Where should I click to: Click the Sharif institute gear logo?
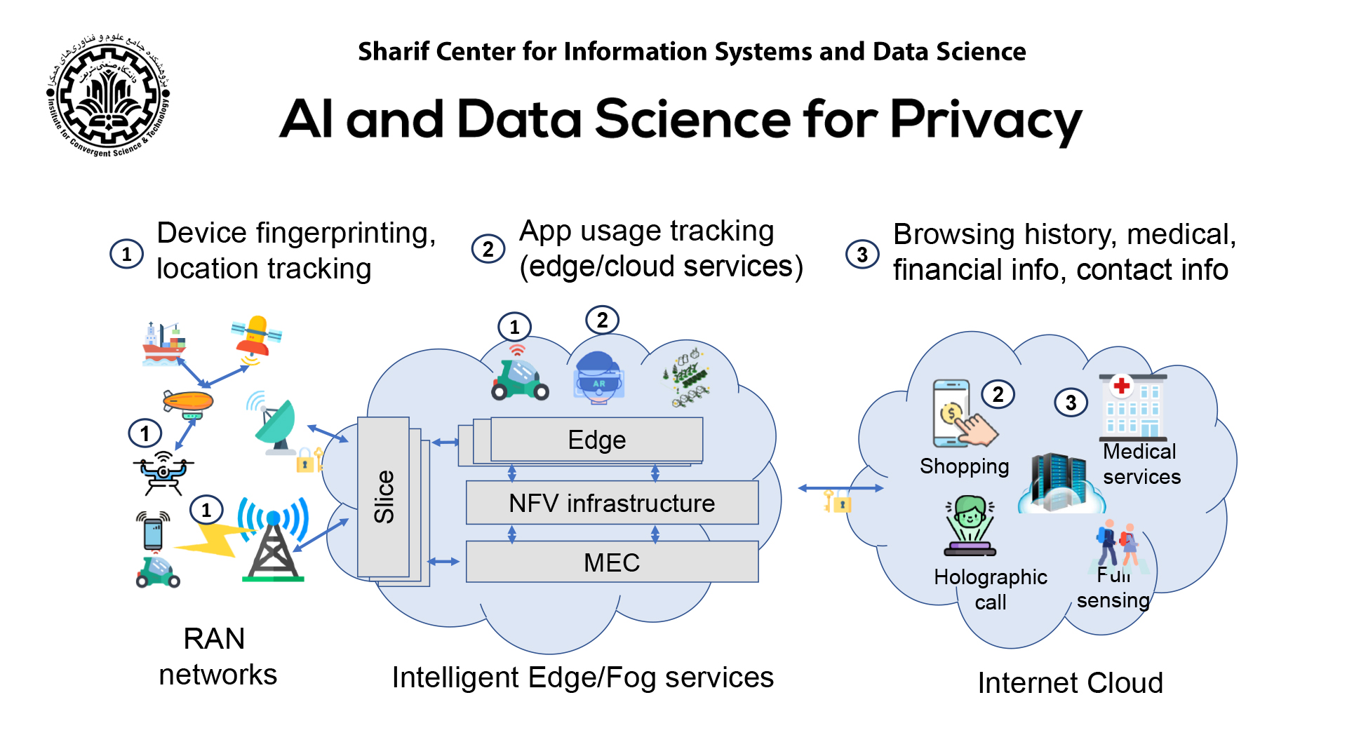108,95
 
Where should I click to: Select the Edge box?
596,440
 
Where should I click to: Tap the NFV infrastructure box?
612,503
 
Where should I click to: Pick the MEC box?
612,562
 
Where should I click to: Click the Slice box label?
384,497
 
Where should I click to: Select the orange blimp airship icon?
187,403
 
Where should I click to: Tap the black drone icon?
163,472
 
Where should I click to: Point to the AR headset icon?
598,378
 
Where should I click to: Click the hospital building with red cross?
1132,407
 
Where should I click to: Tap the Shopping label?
964,466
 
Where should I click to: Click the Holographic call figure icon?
970,525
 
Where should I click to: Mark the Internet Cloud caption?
1070,682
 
